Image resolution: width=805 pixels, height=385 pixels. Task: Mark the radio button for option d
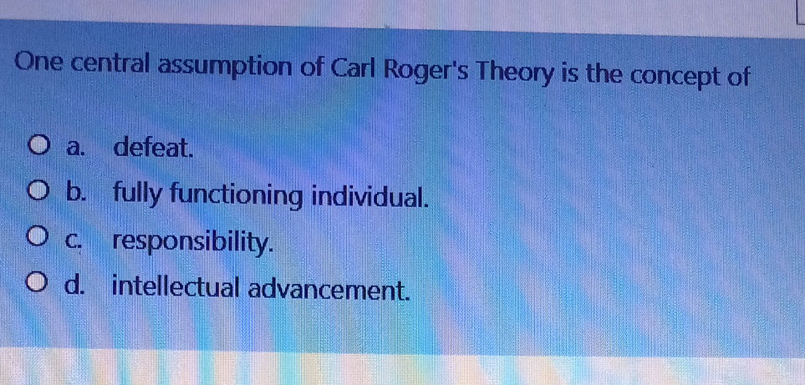39,289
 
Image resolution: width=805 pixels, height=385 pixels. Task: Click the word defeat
155,149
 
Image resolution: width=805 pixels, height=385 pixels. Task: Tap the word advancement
329,289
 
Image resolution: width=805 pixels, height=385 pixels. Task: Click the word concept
674,77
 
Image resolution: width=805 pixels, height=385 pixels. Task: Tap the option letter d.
76,289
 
